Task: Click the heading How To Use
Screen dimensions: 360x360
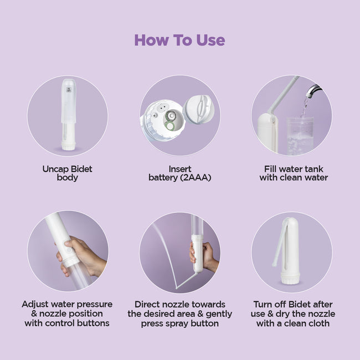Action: point(179,40)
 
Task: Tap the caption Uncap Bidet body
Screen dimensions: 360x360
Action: point(68,173)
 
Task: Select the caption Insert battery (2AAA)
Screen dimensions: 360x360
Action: point(179,173)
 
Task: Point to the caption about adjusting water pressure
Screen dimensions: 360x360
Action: point(68,313)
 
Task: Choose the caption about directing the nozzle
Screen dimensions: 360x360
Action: point(179,313)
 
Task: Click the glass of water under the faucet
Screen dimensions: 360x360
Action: point(299,136)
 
